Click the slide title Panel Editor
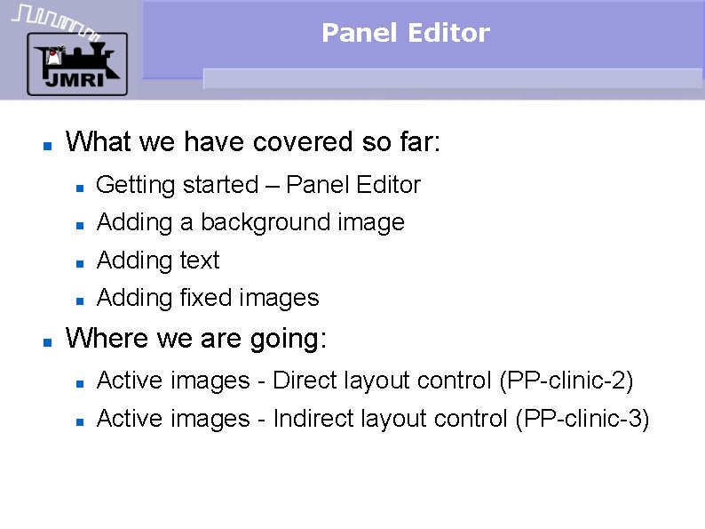[405, 34]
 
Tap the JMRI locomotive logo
[76, 64]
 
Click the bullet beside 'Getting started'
[79, 188]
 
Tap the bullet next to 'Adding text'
[79, 263]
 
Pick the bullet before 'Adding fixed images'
[79, 301]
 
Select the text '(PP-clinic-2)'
[566, 381]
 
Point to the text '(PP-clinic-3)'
[582, 420]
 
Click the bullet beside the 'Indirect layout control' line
[79, 421]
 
